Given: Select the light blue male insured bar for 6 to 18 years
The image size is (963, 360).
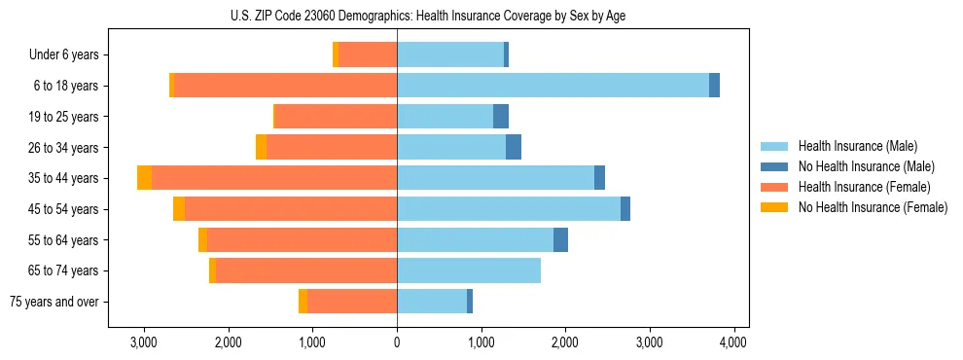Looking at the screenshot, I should (x=553, y=86).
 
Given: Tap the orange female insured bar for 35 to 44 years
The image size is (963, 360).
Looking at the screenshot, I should (x=274, y=178).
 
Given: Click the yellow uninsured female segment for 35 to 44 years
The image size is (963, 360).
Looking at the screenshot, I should (x=144, y=178).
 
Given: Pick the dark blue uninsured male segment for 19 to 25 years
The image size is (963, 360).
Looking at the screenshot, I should (x=501, y=117).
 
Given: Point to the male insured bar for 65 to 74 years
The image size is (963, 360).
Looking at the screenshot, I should (x=469, y=270).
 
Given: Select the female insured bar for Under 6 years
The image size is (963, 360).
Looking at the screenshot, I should (x=368, y=54).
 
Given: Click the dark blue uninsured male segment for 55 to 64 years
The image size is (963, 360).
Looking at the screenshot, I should (x=560, y=240).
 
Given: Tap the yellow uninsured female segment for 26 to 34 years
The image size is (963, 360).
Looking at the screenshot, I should (x=261, y=147).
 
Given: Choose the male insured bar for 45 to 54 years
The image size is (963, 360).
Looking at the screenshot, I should (x=509, y=209).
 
